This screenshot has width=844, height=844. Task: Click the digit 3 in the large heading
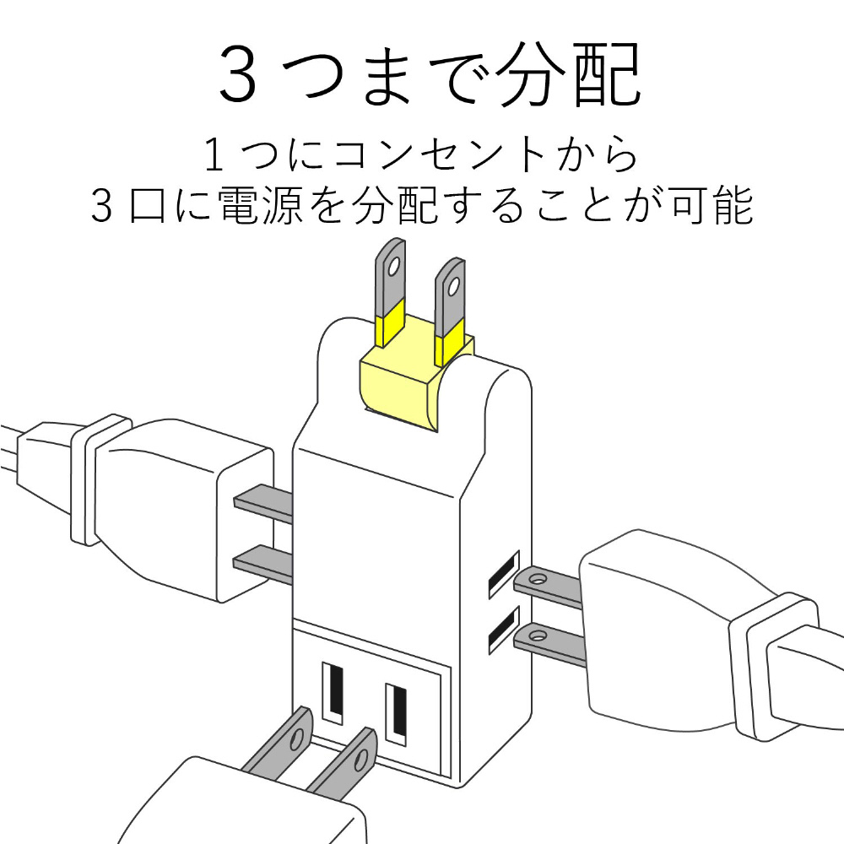click(238, 75)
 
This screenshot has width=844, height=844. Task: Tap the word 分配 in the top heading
click(568, 73)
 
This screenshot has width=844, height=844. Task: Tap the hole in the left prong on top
click(394, 265)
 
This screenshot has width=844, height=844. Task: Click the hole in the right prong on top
click(454, 285)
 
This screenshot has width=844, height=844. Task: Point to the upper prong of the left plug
click(263, 503)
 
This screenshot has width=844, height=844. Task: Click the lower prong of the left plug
click(263, 565)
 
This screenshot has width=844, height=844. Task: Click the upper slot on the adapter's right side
click(504, 574)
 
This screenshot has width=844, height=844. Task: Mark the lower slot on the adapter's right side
click(504, 630)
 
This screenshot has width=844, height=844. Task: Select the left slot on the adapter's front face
click(333, 693)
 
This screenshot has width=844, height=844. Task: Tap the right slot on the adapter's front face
click(396, 714)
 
